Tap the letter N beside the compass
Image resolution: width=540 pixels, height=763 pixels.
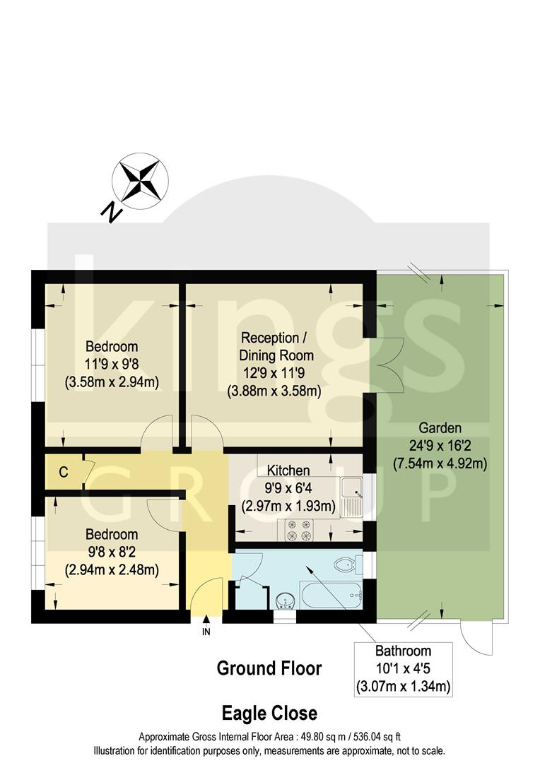pyautogui.click(x=110, y=211)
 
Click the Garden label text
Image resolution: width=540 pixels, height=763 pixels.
pyautogui.click(x=440, y=427)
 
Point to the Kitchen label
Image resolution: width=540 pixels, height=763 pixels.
pyautogui.click(x=288, y=471)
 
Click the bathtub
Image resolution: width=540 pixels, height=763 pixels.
pyautogui.click(x=331, y=596)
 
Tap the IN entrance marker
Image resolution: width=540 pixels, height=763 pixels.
pyautogui.click(x=206, y=632)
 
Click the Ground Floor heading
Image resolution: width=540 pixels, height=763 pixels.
pyautogui.click(x=269, y=668)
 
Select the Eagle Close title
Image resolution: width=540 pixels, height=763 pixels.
pyautogui.click(x=269, y=712)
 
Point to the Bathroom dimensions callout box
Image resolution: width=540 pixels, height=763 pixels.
pyautogui.click(x=403, y=668)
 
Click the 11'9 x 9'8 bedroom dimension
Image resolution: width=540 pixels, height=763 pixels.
pyautogui.click(x=112, y=365)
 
